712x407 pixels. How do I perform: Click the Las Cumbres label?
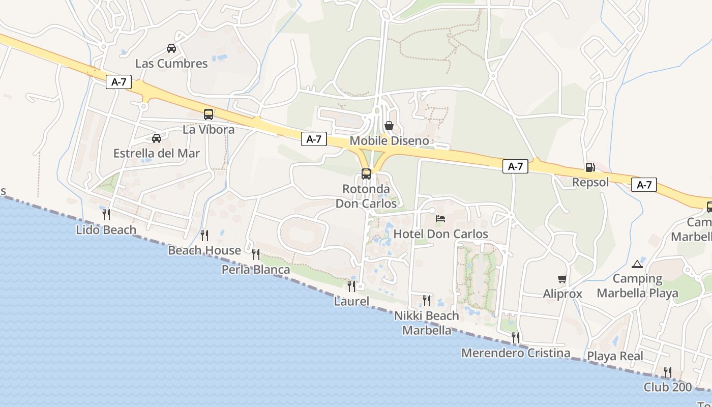tap(171, 64)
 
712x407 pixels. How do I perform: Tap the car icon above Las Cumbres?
tap(171, 48)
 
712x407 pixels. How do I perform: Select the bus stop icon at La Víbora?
tap(209, 114)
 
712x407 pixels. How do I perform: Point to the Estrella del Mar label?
tap(157, 153)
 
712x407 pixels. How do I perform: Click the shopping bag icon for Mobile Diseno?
tap(389, 125)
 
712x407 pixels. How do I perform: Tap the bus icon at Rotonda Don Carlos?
tap(366, 174)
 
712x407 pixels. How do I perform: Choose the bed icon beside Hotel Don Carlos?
tap(440, 219)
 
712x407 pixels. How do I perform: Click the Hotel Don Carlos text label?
tap(441, 234)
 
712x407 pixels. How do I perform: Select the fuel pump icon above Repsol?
tap(590, 167)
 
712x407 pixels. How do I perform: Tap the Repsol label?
tap(590, 182)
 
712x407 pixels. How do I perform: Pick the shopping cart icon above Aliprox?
tap(562, 279)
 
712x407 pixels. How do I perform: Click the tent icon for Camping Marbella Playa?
tap(637, 264)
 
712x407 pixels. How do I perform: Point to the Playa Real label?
tap(615, 356)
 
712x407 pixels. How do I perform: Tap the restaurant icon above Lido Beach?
tap(106, 214)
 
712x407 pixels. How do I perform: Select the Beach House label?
tap(204, 250)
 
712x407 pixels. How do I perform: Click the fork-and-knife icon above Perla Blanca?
tap(256, 254)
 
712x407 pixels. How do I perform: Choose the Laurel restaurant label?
tap(351, 301)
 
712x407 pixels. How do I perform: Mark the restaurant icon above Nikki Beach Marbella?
tap(427, 300)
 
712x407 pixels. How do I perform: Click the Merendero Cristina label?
tap(516, 353)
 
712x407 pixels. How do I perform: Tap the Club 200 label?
tap(668, 387)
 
